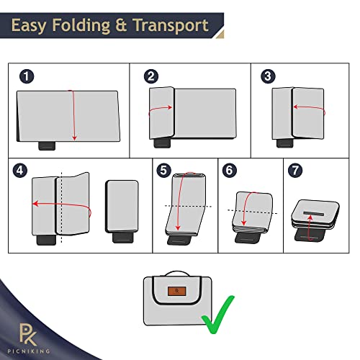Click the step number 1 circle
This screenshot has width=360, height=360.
click(x=27, y=76)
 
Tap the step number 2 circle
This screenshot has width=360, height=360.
click(x=151, y=76)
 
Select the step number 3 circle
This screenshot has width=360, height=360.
click(x=268, y=76)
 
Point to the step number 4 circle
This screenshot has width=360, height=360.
click(x=20, y=171)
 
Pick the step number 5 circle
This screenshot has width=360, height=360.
click(x=163, y=171)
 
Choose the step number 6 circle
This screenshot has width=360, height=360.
click(x=230, y=171)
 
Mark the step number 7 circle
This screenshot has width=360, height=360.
click(x=295, y=171)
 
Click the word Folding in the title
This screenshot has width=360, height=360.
click(x=81, y=25)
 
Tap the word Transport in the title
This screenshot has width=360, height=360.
click(x=171, y=25)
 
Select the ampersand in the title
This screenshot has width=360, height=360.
click(x=121, y=25)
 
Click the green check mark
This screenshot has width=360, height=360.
click(x=217, y=315)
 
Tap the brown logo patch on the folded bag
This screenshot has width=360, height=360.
click(x=177, y=291)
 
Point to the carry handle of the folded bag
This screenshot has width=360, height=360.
click(x=178, y=274)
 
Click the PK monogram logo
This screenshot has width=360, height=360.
click(x=28, y=334)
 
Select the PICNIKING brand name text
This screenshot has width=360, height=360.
click(x=29, y=351)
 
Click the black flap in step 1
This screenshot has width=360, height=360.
click(x=47, y=145)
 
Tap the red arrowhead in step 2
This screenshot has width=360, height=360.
click(x=170, y=107)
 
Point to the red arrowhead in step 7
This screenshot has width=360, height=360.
click(x=310, y=217)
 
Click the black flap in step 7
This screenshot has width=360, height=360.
click(x=309, y=235)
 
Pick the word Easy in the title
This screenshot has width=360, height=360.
click(x=28, y=26)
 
